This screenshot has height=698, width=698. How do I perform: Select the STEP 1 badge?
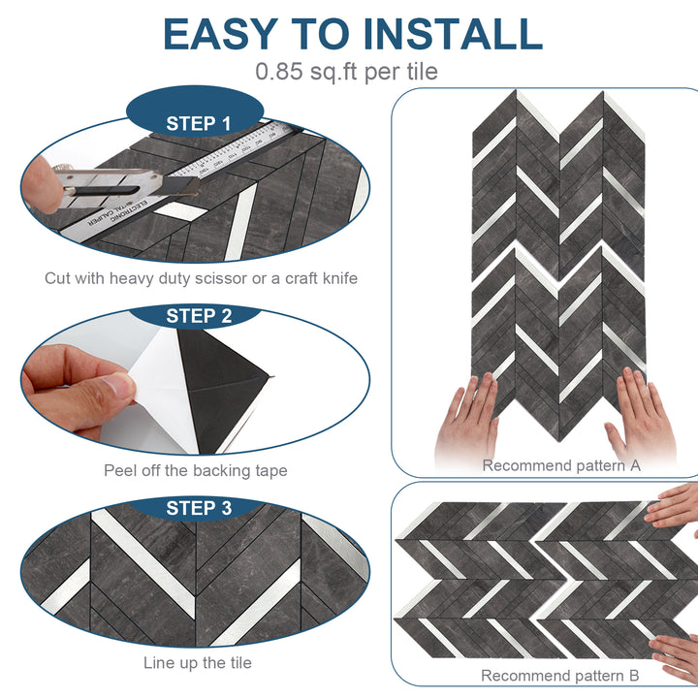[x=198, y=123]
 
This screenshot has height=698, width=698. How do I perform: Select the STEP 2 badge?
[x=198, y=316]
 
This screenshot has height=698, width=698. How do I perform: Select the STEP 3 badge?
[x=198, y=508]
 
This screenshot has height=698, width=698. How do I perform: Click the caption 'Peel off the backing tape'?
[x=196, y=471]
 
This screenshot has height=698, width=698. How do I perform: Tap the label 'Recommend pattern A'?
[x=561, y=465]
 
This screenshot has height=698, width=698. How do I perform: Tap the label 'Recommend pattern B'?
[x=561, y=676]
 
